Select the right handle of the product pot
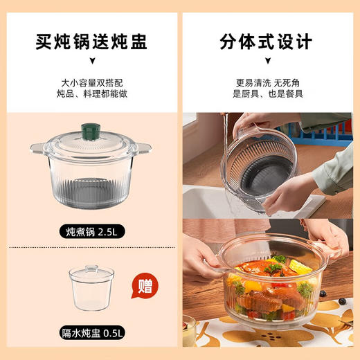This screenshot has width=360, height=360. tap(143, 147)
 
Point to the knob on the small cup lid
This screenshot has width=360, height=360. tap(91, 266)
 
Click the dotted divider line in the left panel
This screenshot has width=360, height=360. tap(90, 247)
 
